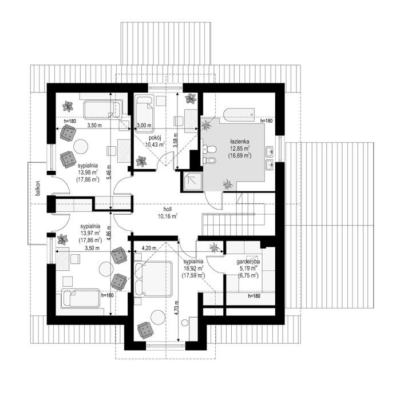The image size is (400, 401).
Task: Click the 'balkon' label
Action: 38,189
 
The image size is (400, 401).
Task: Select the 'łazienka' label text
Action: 240,142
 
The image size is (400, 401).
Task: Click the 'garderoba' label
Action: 248,262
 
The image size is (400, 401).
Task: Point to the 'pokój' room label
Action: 155,138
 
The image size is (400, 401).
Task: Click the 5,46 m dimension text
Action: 109,171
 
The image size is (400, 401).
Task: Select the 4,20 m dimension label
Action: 149,248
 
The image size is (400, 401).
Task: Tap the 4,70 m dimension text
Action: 177,309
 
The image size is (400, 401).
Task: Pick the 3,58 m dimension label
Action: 176,141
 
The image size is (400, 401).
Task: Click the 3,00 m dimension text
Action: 144,126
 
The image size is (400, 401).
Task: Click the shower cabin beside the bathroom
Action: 193,181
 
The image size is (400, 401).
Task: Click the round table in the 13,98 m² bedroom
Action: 81,146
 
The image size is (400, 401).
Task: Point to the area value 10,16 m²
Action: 168,217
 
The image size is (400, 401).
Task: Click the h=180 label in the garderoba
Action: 254,296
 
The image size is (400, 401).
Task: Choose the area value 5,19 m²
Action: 248,268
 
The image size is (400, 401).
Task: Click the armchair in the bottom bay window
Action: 145,330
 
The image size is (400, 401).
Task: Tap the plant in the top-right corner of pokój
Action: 191,98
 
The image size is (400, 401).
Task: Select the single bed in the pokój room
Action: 144,114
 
